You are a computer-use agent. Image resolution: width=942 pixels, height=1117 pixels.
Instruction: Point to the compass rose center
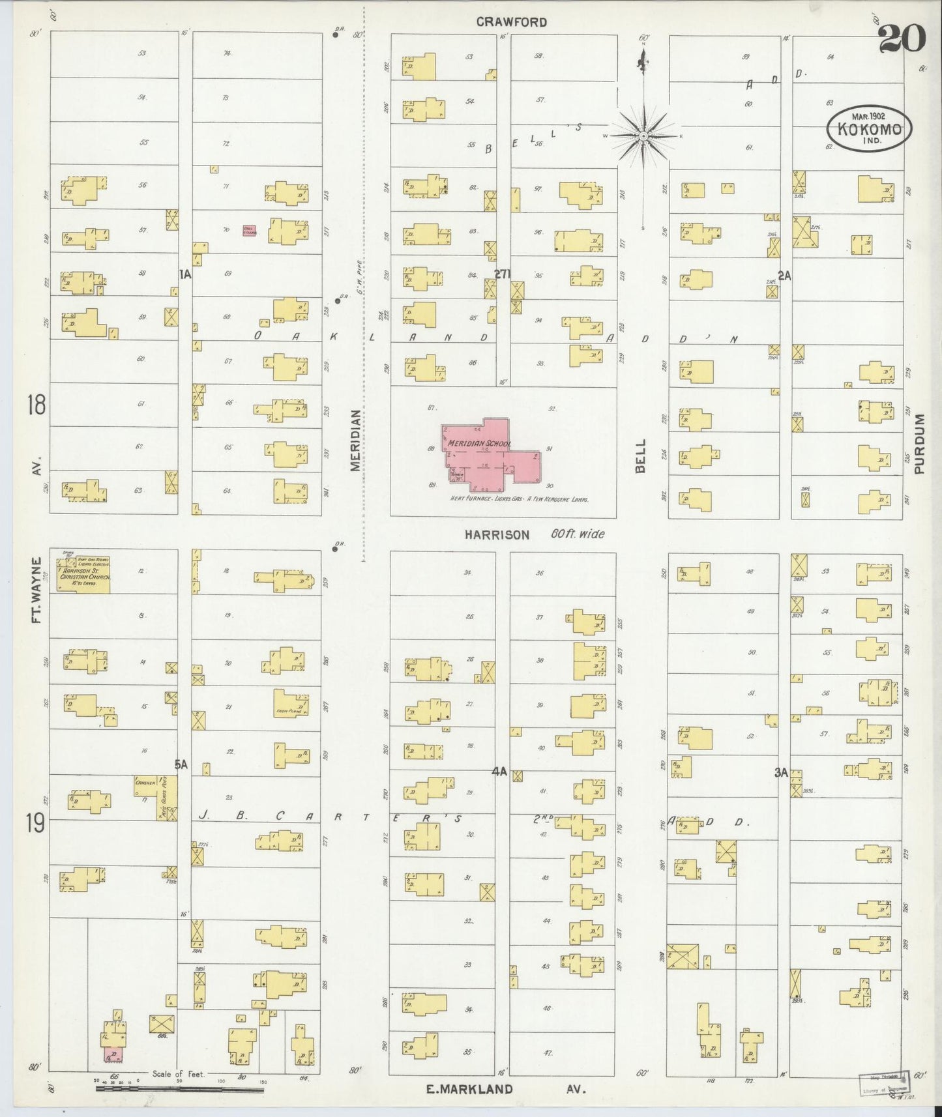tap(643, 136)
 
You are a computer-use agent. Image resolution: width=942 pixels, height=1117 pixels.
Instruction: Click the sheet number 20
tap(902, 40)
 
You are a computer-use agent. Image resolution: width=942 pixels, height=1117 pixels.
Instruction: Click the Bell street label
tap(641, 456)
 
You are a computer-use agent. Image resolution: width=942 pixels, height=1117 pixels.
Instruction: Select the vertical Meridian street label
tap(355, 440)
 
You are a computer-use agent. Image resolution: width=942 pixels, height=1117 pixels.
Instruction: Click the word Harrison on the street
tap(497, 534)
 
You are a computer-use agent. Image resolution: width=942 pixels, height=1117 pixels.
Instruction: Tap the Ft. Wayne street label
tap(37, 590)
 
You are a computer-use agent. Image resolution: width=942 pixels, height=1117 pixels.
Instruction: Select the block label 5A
tap(181, 764)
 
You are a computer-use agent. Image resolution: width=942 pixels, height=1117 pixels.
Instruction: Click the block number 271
tap(502, 274)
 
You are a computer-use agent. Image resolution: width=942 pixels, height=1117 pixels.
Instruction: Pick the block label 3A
tap(781, 773)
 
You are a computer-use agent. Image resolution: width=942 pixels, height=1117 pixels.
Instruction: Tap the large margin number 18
tap(37, 406)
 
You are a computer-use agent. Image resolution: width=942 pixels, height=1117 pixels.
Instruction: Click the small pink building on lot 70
tap(249, 230)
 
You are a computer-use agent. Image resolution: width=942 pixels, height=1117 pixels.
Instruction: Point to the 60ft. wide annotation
tap(578, 534)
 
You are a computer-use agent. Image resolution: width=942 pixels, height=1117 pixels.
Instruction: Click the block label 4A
tap(499, 772)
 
